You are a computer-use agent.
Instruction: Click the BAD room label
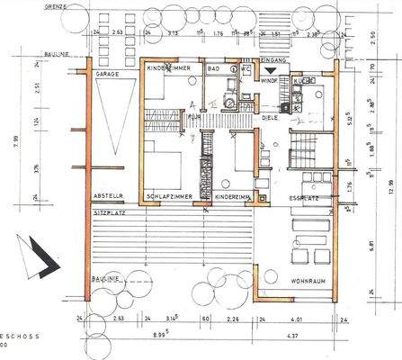(214, 68)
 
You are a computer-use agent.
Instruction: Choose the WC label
(246, 68)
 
